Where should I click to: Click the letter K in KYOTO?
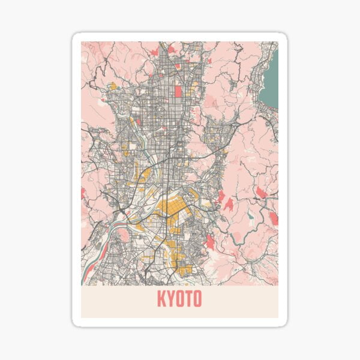coord(161,299)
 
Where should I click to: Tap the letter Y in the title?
coord(170,299)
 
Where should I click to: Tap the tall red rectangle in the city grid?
coord(178,91)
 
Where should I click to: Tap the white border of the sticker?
coord(76,180)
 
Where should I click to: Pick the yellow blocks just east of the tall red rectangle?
coord(191,90)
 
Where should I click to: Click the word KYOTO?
coord(179,299)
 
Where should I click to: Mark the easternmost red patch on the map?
coord(274,218)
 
